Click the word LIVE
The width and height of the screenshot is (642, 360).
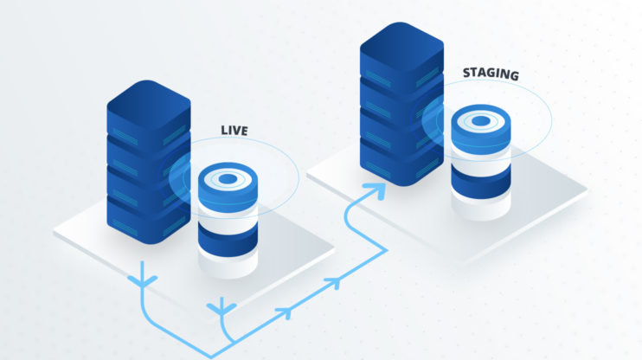tap(234, 131)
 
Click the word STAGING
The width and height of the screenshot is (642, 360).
tap(490, 75)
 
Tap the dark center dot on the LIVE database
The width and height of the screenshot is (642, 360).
tap(227, 179)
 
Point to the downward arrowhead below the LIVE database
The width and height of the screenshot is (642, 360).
tap(223, 305)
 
